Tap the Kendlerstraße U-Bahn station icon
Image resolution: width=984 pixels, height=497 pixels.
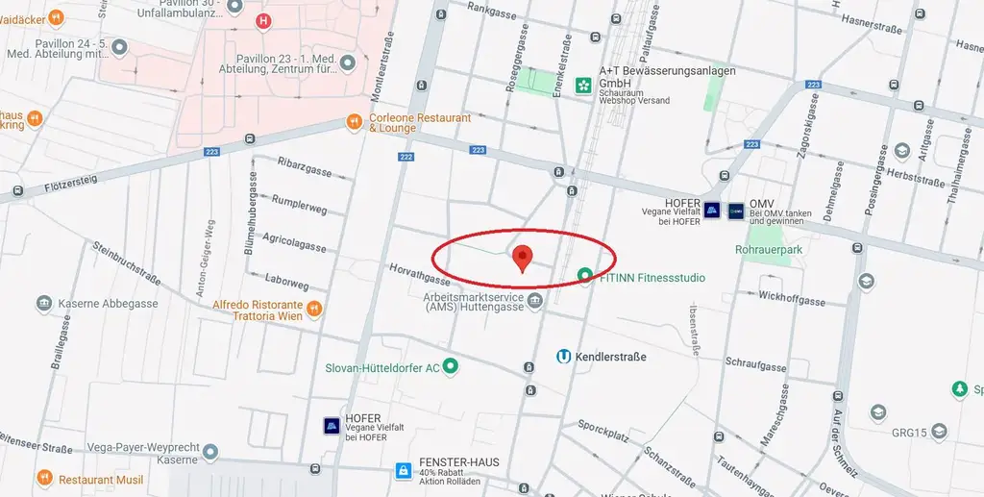pyautogui.click(x=564, y=357)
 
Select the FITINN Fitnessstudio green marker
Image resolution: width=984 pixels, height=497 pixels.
pyautogui.click(x=584, y=277)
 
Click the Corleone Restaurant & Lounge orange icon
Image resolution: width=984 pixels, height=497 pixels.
pyautogui.click(x=355, y=123)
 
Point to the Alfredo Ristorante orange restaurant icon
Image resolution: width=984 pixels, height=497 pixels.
pyautogui.click(x=314, y=309)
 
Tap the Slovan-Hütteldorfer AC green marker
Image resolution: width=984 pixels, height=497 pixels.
pyautogui.click(x=449, y=366)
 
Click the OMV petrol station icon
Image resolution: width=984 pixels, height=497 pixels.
pyautogui.click(x=736, y=210)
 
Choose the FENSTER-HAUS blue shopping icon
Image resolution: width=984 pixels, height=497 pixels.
pyautogui.click(x=404, y=470)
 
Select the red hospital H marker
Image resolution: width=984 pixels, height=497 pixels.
pyautogui.click(x=263, y=20)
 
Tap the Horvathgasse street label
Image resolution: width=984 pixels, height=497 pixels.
pyautogui.click(x=420, y=274)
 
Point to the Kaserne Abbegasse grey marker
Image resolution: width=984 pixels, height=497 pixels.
pyautogui.click(x=44, y=304)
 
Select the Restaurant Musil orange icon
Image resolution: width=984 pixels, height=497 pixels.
pyautogui.click(x=44, y=479)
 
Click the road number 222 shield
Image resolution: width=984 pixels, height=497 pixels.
pyautogui.click(x=405, y=156)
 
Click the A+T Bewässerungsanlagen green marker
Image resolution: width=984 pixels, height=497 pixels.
pyautogui.click(x=583, y=87)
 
